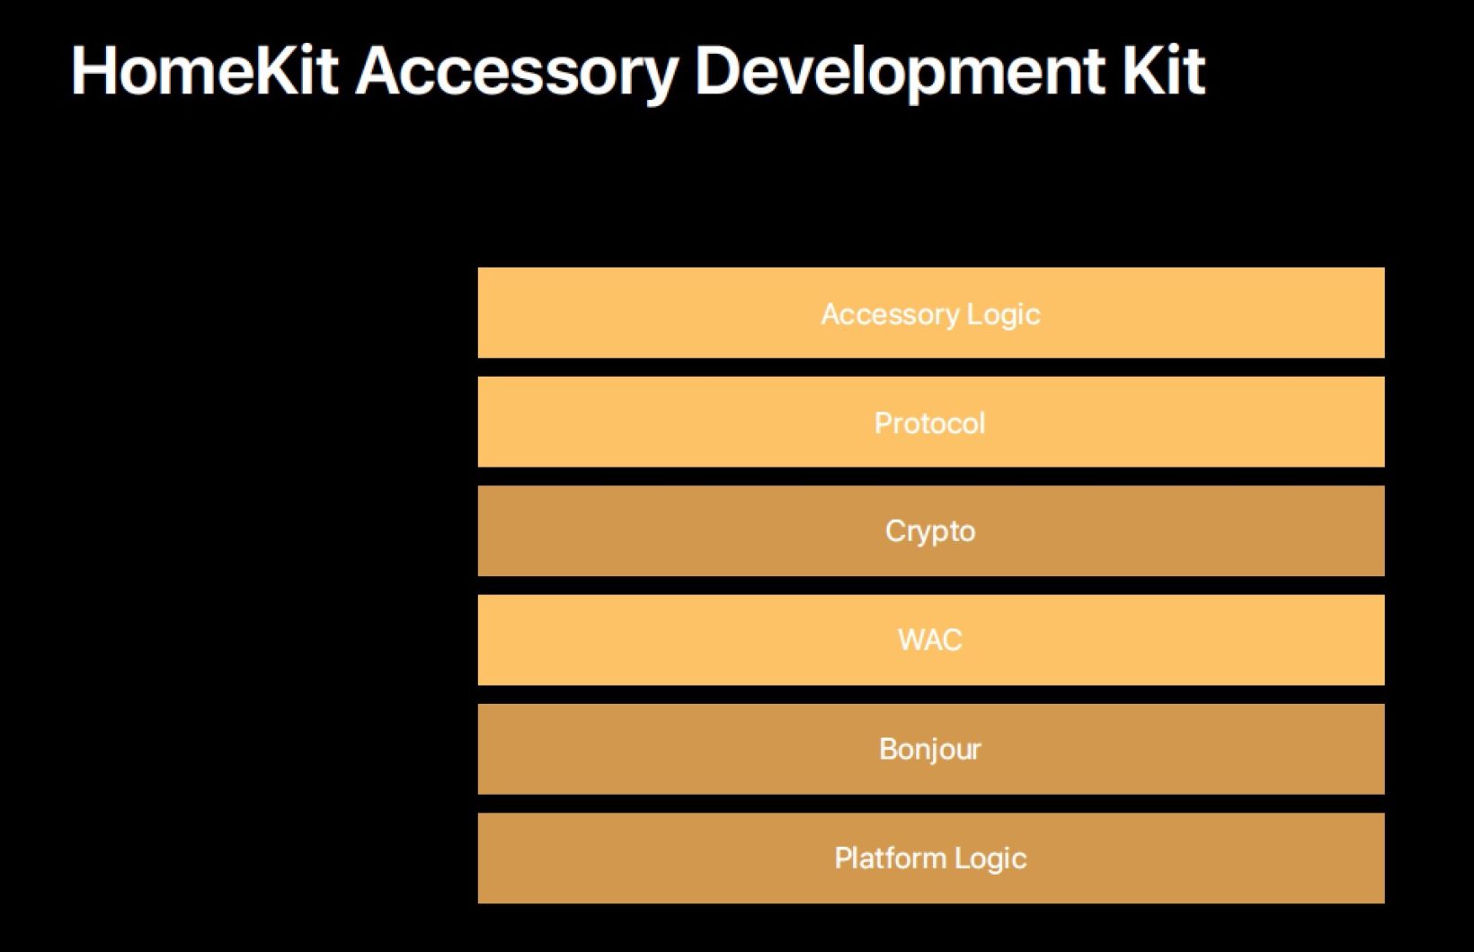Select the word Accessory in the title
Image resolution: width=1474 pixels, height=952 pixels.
click(517, 75)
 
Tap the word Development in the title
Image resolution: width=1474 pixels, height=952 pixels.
click(900, 75)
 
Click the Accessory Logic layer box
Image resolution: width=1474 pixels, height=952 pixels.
click(931, 313)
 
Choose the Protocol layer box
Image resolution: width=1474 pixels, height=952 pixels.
click(931, 422)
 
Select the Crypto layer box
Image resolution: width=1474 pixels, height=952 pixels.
click(931, 530)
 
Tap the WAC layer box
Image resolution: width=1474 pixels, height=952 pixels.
click(931, 640)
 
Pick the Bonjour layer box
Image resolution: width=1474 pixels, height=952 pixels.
click(931, 749)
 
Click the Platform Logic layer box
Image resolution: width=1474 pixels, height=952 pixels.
click(931, 858)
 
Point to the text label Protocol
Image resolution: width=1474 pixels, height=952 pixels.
click(930, 423)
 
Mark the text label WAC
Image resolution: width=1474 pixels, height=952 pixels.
click(930, 640)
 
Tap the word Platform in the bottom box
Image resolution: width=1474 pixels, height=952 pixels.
click(891, 858)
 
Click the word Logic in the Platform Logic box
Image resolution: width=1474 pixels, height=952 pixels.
click(990, 859)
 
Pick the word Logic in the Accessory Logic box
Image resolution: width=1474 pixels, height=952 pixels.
click(1004, 316)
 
